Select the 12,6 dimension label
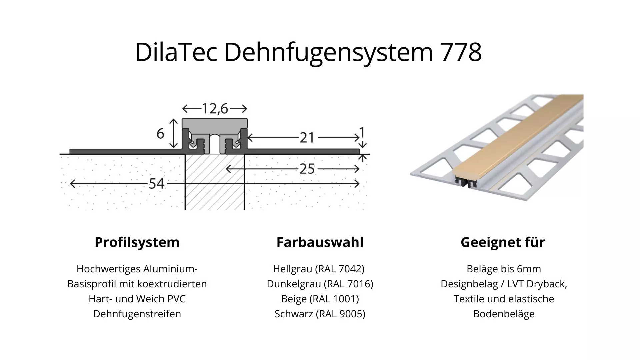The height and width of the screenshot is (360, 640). [215, 109]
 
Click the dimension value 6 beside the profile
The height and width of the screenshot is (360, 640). [160, 134]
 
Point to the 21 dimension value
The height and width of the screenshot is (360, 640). [307, 138]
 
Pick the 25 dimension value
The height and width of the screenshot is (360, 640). [307, 169]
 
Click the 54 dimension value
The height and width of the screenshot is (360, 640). [156, 184]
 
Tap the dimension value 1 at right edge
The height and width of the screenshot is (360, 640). [362, 133]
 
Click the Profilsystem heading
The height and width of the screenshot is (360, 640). [137, 242]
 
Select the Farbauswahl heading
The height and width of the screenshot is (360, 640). [320, 242]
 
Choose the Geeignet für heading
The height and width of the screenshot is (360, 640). [503, 242]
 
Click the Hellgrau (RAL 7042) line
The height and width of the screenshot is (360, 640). [319, 269]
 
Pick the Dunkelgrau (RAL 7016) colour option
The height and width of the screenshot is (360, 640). [320, 284]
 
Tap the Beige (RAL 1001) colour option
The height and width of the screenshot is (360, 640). [320, 299]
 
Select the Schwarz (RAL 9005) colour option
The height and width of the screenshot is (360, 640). [320, 314]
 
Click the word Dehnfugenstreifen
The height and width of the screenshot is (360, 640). [137, 314]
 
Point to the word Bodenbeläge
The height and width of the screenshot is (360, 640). [504, 314]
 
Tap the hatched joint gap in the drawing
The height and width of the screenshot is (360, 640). [215, 187]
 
